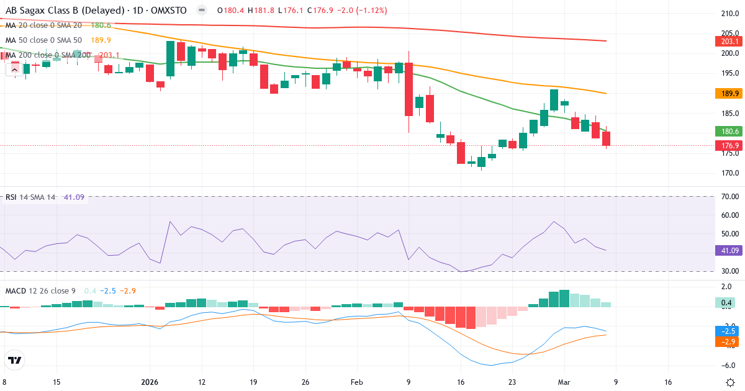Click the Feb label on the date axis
tap(356, 382)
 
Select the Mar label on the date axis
tap(564, 382)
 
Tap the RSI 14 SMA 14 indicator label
tap(30, 197)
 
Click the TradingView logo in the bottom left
tap(15, 360)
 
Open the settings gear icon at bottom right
tap(731, 382)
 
